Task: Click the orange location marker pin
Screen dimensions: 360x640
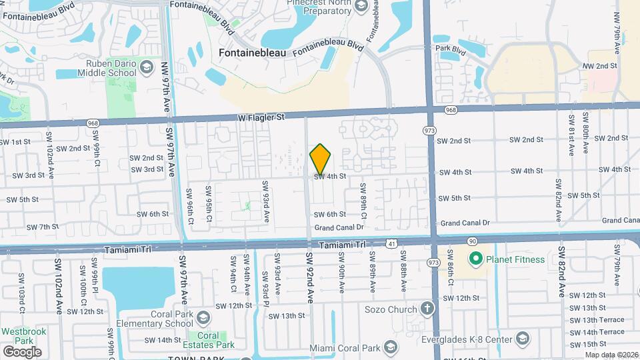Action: (x=321, y=159)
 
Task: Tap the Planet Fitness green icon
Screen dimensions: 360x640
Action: (x=475, y=259)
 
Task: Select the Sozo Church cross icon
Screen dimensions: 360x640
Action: (x=426, y=309)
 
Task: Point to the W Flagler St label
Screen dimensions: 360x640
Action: (x=261, y=117)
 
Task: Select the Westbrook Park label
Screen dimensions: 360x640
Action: (x=18, y=335)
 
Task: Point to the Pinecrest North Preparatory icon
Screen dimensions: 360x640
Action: (x=361, y=7)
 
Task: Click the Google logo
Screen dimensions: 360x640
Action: (x=22, y=351)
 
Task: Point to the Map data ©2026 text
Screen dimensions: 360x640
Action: (x=611, y=355)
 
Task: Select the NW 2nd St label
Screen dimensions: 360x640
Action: (x=599, y=66)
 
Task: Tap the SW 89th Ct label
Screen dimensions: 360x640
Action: (x=363, y=201)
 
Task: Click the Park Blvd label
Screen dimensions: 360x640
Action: (x=449, y=49)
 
